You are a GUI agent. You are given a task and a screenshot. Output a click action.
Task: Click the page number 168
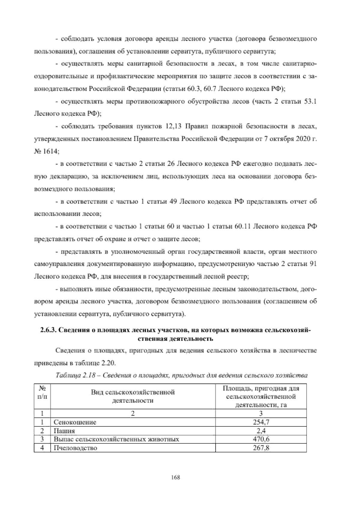tap(175, 477)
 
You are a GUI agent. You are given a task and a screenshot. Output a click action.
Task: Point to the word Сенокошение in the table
tap(75, 422)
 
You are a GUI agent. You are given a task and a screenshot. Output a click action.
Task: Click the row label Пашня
tap(64, 431)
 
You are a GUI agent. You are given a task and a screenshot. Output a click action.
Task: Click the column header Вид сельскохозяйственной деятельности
tap(133, 396)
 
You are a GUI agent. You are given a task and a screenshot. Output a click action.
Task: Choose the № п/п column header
tap(42, 392)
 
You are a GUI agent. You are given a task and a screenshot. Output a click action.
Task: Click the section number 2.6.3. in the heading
tap(48, 330)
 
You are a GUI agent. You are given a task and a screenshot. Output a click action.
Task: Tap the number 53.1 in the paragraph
tap(310, 101)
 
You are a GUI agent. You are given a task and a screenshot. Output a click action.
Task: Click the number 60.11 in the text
tap(242, 227)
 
